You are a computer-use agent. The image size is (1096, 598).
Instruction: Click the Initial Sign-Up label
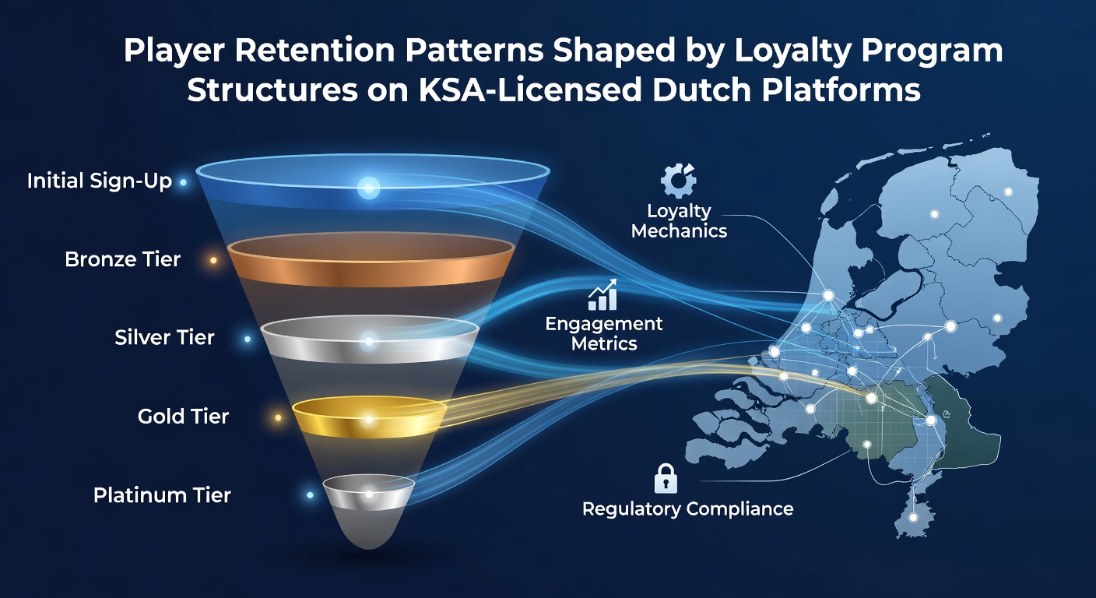(100, 181)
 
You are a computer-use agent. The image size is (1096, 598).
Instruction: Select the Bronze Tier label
(123, 259)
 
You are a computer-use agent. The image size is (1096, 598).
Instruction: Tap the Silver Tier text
(164, 338)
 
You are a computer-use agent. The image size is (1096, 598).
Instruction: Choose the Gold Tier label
(183, 417)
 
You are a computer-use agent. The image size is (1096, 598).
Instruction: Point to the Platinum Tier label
(162, 495)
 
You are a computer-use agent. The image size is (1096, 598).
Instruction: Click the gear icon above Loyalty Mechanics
(678, 181)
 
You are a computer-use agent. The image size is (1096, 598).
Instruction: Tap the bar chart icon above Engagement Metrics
(602, 294)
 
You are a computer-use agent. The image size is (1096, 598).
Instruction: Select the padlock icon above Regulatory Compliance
(666, 478)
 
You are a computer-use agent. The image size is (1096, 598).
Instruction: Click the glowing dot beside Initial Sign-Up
(183, 182)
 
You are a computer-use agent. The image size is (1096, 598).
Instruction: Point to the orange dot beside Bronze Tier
(213, 260)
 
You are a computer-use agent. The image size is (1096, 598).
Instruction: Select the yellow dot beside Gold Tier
(278, 417)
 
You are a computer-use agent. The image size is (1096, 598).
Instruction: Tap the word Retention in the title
(314, 50)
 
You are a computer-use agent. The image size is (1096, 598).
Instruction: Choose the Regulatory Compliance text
(687, 509)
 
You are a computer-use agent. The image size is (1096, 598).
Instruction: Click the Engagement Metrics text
(604, 333)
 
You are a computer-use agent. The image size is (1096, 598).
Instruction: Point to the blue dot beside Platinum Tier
(310, 495)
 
